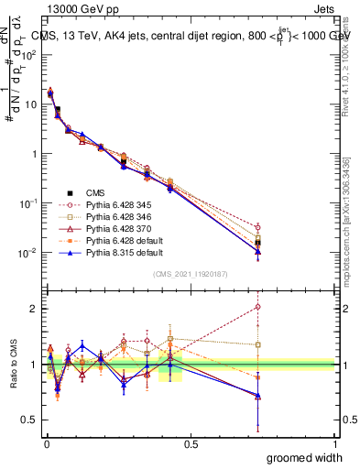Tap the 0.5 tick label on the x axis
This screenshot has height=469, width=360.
tap(190, 442)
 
